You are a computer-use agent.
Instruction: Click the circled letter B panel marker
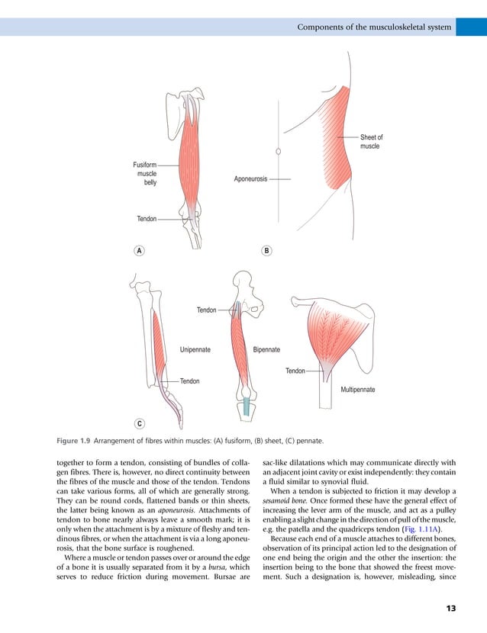266,250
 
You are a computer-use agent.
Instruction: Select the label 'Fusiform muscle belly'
145,173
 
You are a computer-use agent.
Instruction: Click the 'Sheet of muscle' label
371,142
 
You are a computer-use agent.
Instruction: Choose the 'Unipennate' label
195,350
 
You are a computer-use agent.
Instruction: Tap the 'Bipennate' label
266,350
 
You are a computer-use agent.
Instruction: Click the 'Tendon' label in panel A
147,219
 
